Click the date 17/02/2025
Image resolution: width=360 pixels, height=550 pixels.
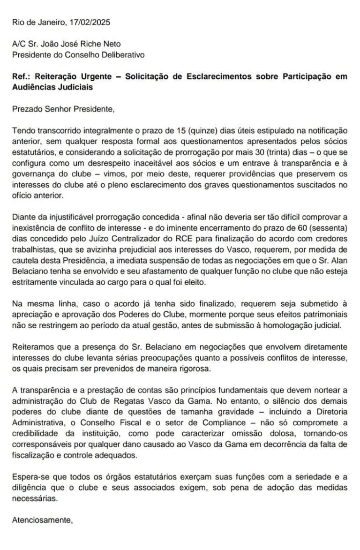90,22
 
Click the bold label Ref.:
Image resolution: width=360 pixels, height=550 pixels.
20,77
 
